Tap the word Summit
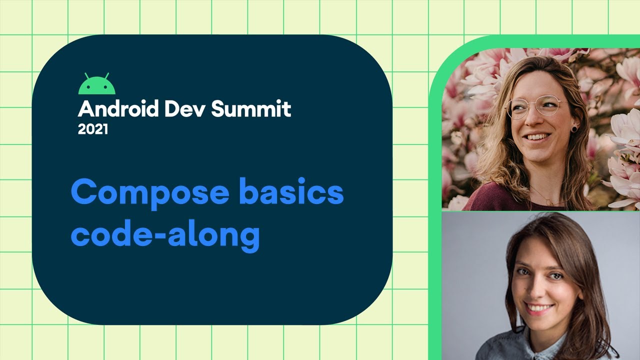coord(251,109)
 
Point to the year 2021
coord(93,129)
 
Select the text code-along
coord(165,235)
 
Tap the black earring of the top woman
coord(574,128)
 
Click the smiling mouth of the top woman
coord(537,136)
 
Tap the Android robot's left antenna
coord(86,75)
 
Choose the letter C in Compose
coord(83,193)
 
